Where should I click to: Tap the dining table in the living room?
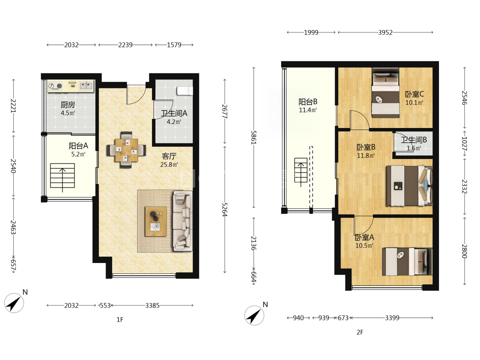[126, 150]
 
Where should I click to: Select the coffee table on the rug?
[156, 221]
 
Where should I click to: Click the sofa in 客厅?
[183, 221]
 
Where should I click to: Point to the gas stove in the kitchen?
[55, 86]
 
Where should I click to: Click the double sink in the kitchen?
[86, 85]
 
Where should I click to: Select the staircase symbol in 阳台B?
[301, 171]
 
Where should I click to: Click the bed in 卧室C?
[386, 93]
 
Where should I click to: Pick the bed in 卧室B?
[409, 186]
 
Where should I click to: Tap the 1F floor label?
[120, 320]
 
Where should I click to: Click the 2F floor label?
[360, 332]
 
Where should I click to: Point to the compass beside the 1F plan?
[14, 303]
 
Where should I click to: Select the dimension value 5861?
[253, 137]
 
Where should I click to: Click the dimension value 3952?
[385, 33]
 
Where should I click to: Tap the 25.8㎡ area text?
[169, 164]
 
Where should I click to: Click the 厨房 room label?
[68, 105]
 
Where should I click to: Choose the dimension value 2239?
[125, 45]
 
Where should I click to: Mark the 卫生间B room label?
[414, 140]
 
